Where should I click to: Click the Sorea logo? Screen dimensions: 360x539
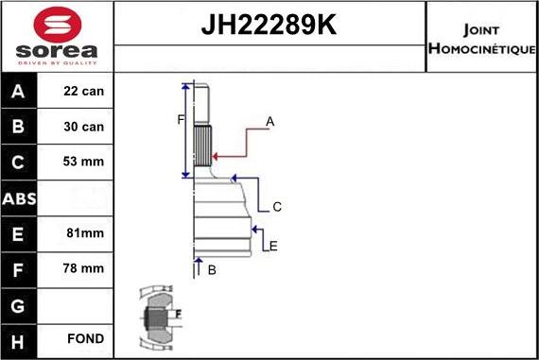click(x=56, y=36)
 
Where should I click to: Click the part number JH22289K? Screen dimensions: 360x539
click(x=269, y=26)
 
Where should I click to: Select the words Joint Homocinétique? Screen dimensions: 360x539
click(x=481, y=37)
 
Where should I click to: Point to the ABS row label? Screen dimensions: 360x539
click(x=20, y=197)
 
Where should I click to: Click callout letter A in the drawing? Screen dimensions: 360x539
click(x=270, y=121)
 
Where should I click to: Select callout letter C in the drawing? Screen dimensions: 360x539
click(x=277, y=207)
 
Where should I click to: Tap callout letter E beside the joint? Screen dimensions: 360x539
click(x=273, y=247)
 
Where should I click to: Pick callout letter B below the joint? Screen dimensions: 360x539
click(x=212, y=270)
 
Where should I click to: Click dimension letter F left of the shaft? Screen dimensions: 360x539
click(x=180, y=119)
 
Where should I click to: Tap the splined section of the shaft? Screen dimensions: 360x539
click(x=201, y=146)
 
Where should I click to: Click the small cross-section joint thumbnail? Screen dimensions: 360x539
click(x=156, y=317)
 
